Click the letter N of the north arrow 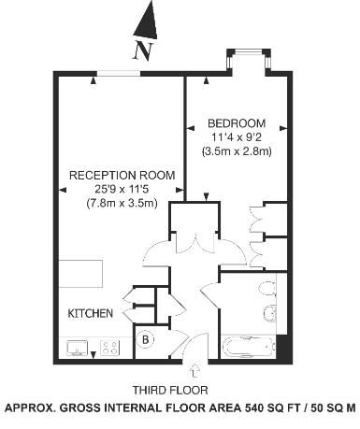[x=143, y=50]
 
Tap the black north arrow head [x=147, y=21]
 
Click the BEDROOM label [x=237, y=123]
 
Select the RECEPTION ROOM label [x=122, y=175]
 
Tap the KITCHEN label [x=91, y=313]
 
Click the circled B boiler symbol [x=145, y=339]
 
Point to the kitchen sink [x=78, y=348]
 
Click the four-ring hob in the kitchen [x=110, y=348]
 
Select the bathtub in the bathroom [x=250, y=347]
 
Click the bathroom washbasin [x=270, y=312]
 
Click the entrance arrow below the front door [x=195, y=370]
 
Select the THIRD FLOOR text [x=170, y=390]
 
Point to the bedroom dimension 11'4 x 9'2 [x=237, y=137]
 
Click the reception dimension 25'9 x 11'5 [x=122, y=189]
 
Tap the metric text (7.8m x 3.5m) [x=122, y=204]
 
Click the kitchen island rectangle [x=80, y=274]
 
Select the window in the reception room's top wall [x=119, y=74]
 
